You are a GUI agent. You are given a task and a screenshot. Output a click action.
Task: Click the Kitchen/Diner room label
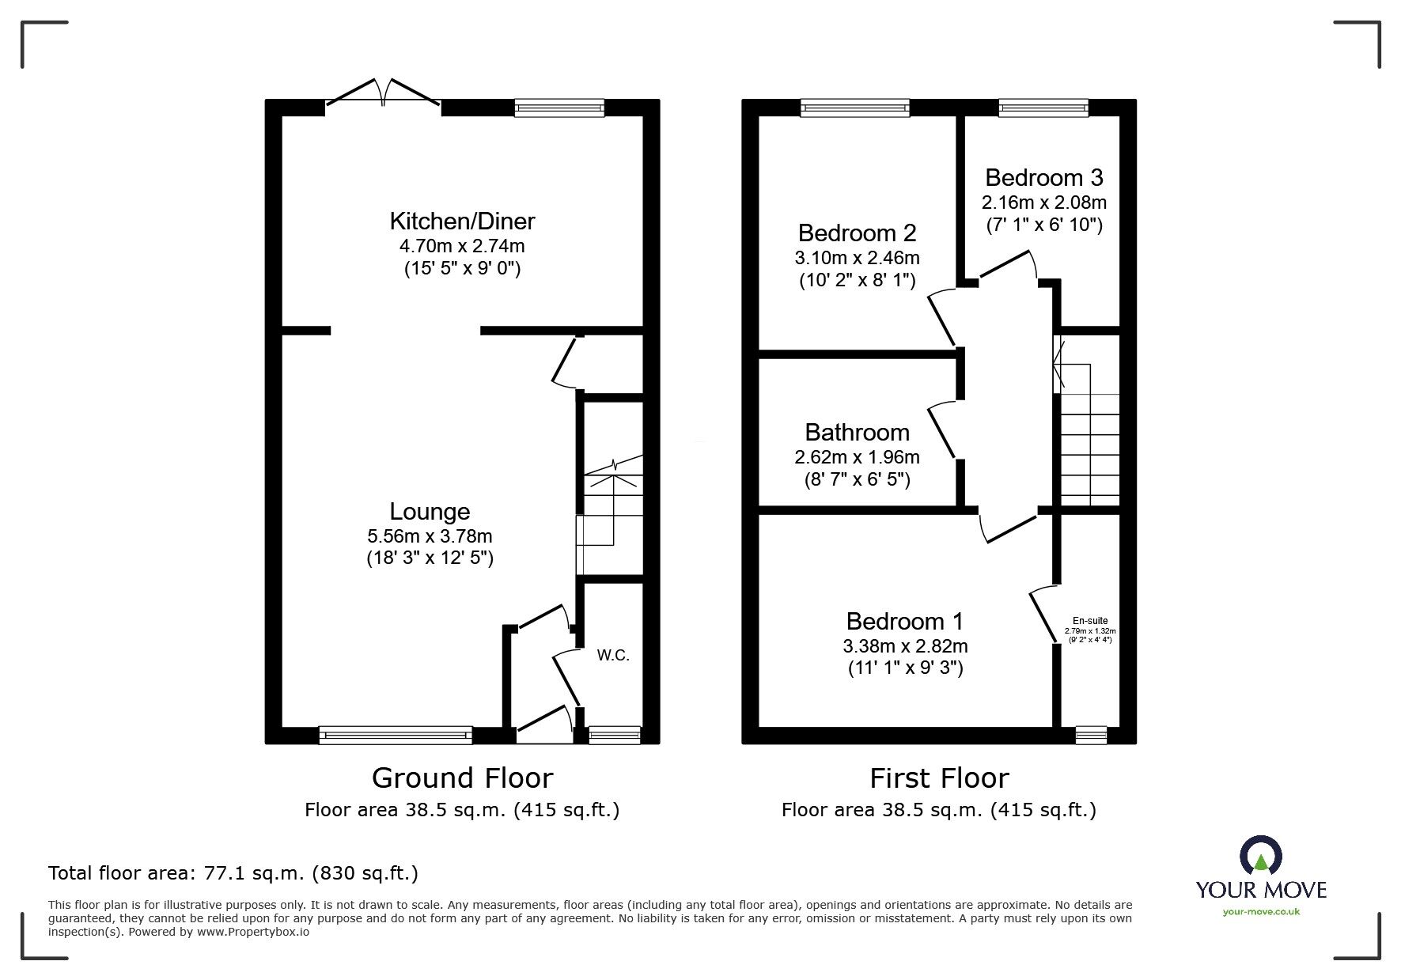pyautogui.click(x=462, y=221)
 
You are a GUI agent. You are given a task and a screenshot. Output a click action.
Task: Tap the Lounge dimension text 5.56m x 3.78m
pyautogui.click(x=430, y=536)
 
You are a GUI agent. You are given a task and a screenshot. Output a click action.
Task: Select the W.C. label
pyautogui.click(x=613, y=656)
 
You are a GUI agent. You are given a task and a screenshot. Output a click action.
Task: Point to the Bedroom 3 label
pyautogui.click(x=1043, y=178)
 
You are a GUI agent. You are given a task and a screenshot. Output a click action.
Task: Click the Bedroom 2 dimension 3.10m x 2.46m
pyautogui.click(x=857, y=258)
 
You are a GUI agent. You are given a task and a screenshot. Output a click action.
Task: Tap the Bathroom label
pyautogui.click(x=857, y=433)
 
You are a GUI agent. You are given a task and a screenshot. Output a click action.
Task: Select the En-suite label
pyautogui.click(x=1089, y=621)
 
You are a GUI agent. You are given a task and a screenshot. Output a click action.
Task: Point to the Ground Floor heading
pyautogui.click(x=462, y=778)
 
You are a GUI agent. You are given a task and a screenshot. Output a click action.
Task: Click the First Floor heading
pyautogui.click(x=939, y=778)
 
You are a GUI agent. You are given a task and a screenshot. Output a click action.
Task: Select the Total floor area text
pyautogui.click(x=233, y=873)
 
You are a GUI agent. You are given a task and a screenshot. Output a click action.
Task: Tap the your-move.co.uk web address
pyautogui.click(x=1261, y=912)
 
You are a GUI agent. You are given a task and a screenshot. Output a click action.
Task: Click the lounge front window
pyautogui.click(x=396, y=736)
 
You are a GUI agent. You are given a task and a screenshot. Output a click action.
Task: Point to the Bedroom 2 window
pyautogui.click(x=854, y=108)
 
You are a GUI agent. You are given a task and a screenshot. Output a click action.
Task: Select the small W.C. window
pyautogui.click(x=615, y=736)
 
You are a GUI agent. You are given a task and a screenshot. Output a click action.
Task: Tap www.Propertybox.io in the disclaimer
pyautogui.click(x=253, y=932)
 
